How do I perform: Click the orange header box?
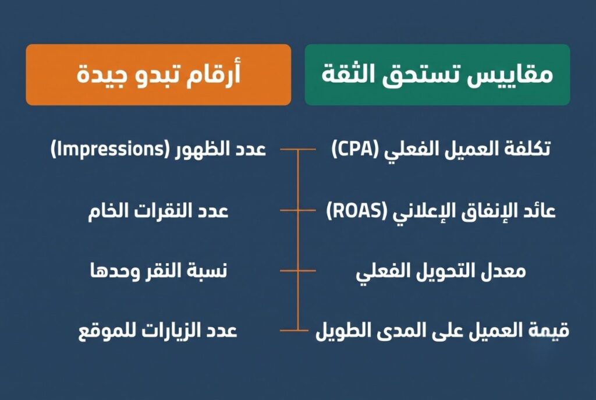coord(158,75)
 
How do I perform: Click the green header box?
coord(437,75)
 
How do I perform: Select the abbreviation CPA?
coord(354,149)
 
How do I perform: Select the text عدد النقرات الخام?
coord(158,211)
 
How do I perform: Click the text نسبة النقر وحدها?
coord(158,271)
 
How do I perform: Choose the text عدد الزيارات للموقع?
coord(158,331)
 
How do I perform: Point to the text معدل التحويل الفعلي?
coord(441,271)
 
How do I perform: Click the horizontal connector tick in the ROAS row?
coord(297,210)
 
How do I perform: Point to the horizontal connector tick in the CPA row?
coord(297,150)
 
